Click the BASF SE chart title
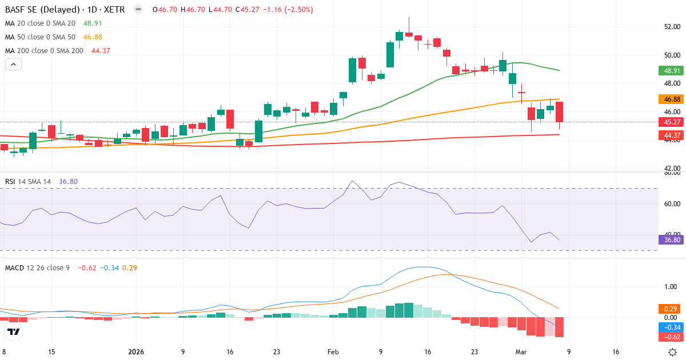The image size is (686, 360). tap(66, 10)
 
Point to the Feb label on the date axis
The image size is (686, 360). tap(333, 352)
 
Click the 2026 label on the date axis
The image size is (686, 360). tap(136, 352)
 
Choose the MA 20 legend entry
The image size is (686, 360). tap(41, 23)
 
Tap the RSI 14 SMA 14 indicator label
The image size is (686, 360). tap(29, 182)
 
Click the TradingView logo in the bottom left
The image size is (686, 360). tap(14, 331)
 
